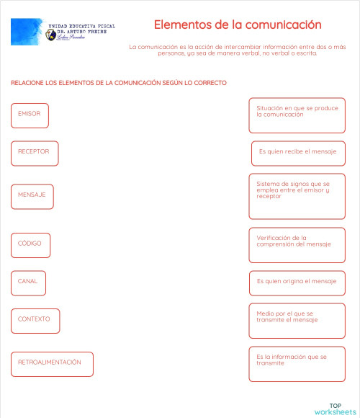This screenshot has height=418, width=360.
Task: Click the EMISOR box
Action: [x=30, y=115]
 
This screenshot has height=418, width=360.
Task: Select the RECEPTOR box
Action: [x=35, y=153]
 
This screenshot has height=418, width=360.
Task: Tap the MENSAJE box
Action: [x=32, y=197]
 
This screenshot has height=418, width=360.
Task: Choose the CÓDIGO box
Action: [x=30, y=244]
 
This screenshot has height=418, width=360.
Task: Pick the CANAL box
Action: [x=29, y=283]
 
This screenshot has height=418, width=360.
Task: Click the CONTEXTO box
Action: [x=35, y=320]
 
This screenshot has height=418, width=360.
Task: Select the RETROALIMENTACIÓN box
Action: [x=52, y=363]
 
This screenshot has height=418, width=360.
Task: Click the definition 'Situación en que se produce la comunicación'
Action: [x=297, y=115]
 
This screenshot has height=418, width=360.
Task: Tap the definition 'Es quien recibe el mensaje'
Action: [x=298, y=153]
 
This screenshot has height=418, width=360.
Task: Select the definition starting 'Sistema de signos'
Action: [x=297, y=196]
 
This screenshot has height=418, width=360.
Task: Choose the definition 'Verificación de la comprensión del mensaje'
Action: [x=297, y=245]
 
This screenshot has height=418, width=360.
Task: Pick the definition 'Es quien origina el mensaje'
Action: [x=297, y=282]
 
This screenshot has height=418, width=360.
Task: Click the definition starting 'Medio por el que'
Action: [x=297, y=321]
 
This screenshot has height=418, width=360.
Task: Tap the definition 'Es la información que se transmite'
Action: [x=297, y=363]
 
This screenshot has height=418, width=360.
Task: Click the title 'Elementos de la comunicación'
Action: [x=238, y=25]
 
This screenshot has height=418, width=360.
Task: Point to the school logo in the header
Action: [x=63, y=32]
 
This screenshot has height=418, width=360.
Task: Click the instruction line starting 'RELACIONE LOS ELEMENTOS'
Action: [x=119, y=83]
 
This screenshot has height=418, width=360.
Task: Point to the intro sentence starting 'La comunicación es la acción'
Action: [x=238, y=50]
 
